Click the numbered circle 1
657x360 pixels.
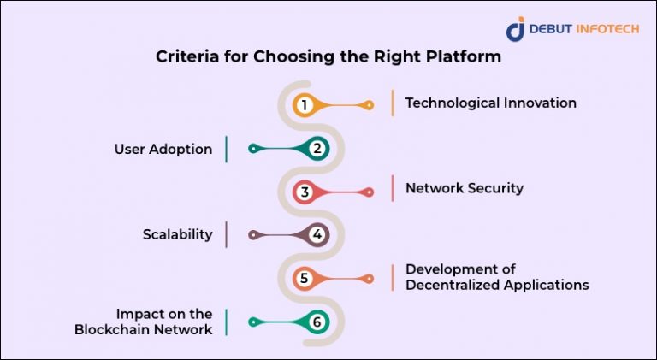tap(304, 105)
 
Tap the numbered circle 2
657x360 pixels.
tap(317, 149)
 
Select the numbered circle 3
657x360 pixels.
tap(304, 192)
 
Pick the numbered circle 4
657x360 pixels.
tap(317, 235)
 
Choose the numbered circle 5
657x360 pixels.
tap(304, 279)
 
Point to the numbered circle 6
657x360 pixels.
tap(317, 322)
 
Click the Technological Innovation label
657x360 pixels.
tap(490, 103)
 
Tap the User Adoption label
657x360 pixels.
tap(163, 149)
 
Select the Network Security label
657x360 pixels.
tap(464, 188)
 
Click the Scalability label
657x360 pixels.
tap(177, 234)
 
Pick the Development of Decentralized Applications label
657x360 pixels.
tap(496, 277)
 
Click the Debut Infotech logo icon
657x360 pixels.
tap(515, 29)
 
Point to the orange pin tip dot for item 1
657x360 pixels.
tap(369, 105)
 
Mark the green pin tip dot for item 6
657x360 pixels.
tap(252, 322)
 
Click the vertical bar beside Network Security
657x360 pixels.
tap(393, 188)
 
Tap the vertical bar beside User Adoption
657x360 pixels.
tap(226, 149)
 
